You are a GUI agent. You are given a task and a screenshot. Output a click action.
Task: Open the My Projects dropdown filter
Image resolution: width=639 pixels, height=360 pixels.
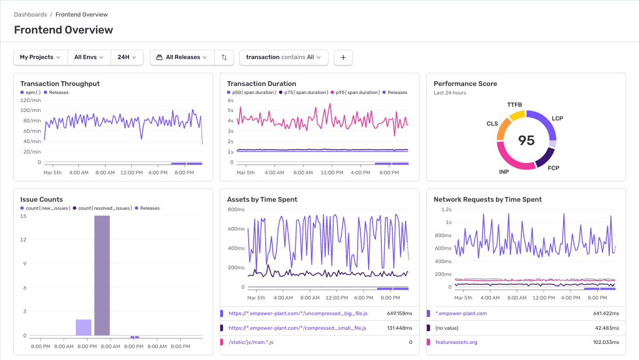pos(41,57)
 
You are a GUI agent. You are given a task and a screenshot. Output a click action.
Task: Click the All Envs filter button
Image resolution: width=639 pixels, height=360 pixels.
pos(89,57)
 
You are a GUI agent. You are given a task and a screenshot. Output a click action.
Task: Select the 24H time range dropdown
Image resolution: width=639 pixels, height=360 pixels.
pos(127,57)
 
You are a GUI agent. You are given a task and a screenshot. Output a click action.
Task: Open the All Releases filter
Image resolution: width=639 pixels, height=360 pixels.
pos(182,57)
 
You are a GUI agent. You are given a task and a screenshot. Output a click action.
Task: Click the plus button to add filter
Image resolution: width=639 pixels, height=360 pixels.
pos(343,57)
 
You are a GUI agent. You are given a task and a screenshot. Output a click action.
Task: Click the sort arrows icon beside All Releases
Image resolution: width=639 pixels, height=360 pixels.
pos(224,57)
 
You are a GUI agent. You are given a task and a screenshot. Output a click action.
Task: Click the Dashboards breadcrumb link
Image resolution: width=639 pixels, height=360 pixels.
pos(30,15)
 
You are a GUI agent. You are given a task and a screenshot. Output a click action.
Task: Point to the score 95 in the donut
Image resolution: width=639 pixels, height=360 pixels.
pos(526,140)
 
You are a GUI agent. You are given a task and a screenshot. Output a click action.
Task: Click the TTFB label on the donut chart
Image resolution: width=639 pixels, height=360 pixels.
pos(514,105)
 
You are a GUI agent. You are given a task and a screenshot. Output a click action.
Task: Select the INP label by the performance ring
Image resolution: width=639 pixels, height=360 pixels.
pos(504,172)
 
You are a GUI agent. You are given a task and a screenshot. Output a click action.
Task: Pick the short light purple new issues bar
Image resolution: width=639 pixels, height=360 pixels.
pos(83,327)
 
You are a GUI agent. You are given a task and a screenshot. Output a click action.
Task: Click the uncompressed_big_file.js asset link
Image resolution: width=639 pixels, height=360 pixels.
pos(298,313)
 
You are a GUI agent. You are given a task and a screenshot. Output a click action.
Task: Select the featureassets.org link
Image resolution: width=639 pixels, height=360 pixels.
pos(456,342)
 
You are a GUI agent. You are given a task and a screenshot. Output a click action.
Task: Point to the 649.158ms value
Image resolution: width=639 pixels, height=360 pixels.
pos(399,313)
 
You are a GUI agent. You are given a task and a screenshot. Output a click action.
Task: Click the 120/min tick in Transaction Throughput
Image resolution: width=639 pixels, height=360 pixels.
pos(31,100)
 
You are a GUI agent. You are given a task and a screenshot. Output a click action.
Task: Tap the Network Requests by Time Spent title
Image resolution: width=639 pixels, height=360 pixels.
pos(488,199)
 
